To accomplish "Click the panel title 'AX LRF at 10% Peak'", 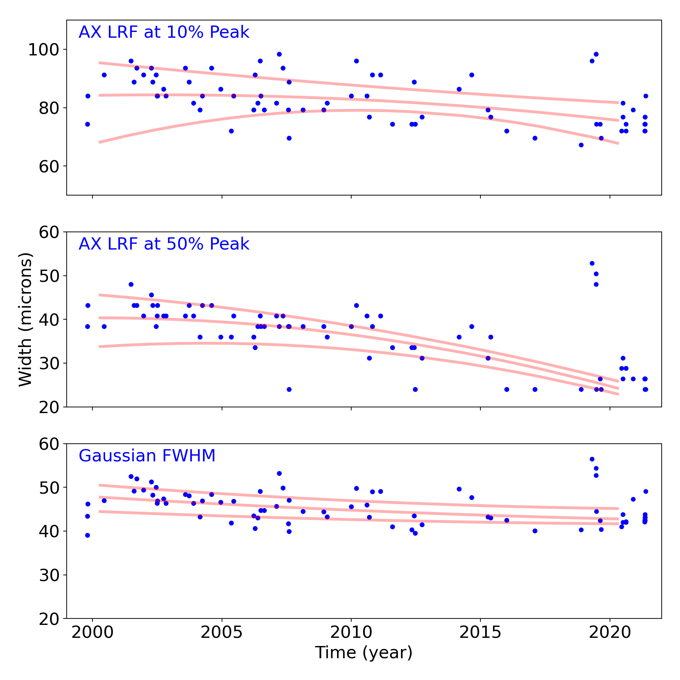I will tap(164, 32).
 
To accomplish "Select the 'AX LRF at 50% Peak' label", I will tap(164, 244).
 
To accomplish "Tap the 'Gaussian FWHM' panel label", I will tap(147, 456).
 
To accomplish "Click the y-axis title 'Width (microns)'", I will tap(26, 320).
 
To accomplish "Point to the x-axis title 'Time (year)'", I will tap(363, 652).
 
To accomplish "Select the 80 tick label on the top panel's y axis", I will tap(49, 108).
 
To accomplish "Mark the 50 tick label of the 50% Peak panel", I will tap(49, 276).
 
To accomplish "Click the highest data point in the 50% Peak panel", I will tap(592, 263).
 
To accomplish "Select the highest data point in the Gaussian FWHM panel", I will tap(592, 459).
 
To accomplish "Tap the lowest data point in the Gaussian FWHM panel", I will tap(88, 535).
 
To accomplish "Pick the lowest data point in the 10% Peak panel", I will tap(581, 145).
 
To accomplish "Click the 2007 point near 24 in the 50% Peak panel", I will tap(289, 389).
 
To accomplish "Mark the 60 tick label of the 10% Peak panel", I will tap(49, 167).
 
